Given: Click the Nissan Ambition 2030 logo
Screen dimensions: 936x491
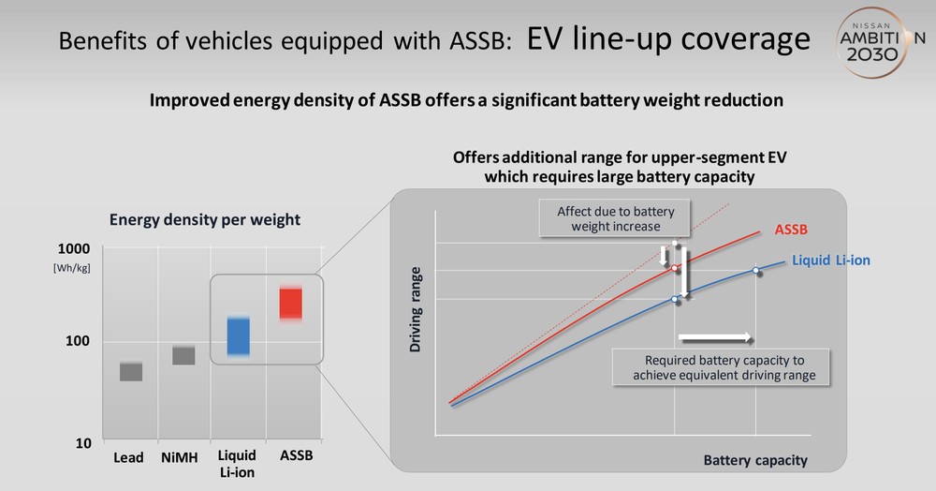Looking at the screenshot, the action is tap(878, 42).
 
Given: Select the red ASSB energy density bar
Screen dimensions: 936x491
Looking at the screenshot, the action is tap(291, 304).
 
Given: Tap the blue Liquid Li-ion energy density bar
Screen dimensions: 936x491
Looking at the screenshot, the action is tap(239, 336).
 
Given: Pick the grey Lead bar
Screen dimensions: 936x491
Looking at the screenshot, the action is tap(131, 371).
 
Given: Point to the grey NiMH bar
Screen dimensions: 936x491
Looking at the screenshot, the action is tap(183, 355).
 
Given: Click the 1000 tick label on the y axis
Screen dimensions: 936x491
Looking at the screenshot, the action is tap(74, 248).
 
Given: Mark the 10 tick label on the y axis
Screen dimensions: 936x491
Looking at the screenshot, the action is tap(83, 443).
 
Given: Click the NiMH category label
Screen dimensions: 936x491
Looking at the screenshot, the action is tap(179, 457).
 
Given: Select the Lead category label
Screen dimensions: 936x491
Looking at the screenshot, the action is tap(128, 457).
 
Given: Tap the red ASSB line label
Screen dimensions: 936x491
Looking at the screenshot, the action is tap(791, 230).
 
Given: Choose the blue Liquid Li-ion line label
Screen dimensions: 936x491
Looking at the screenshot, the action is tap(831, 260).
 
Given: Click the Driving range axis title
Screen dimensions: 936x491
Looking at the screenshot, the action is tap(416, 309).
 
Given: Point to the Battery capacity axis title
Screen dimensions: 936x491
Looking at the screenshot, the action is tap(755, 460).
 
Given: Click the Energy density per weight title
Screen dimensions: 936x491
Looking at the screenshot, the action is tap(205, 220).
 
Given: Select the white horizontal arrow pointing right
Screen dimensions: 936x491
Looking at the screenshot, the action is tap(715, 338).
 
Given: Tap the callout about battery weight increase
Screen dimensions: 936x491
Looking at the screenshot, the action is tap(616, 218).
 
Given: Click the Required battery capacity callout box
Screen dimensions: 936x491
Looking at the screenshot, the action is tap(721, 367).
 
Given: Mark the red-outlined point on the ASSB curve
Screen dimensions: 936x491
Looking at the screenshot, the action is tap(675, 268).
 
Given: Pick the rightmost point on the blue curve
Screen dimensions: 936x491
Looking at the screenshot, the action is tap(755, 271).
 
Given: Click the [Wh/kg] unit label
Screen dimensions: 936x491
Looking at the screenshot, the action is tap(72, 268).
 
